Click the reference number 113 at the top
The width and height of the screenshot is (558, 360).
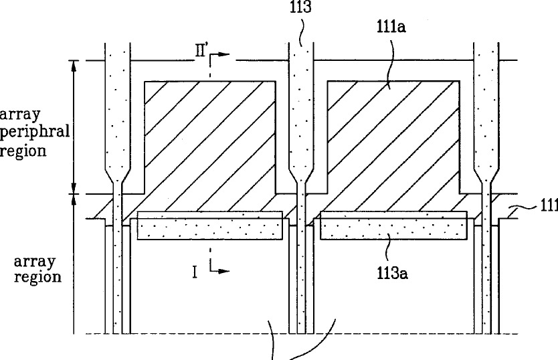pos(300,7)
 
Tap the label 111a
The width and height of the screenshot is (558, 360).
pos(391,27)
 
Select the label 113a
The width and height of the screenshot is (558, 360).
pos(393,274)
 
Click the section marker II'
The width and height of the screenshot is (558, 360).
pos(201,51)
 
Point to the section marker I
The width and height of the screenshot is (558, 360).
pos(195,272)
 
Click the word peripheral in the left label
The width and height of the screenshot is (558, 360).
pos(35,132)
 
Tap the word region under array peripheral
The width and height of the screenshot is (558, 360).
pos(23,151)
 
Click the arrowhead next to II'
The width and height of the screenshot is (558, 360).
pos(223,54)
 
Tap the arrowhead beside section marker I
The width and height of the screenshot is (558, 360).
pos(223,271)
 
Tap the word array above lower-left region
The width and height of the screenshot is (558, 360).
pos(35,262)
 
